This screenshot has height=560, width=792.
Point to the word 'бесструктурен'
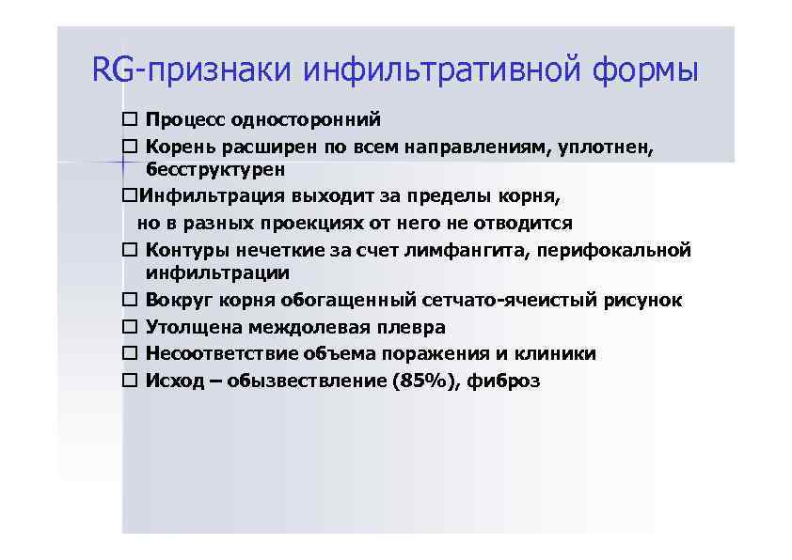point(215,170)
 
